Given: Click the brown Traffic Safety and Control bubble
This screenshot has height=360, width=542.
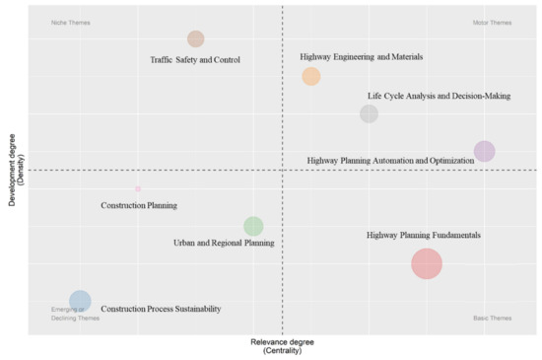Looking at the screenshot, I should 196,39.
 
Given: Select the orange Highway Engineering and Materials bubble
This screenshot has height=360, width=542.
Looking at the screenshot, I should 311,76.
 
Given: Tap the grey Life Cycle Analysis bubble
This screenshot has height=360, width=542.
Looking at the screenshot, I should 369,113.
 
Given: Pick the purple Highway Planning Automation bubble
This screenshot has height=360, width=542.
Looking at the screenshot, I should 484,151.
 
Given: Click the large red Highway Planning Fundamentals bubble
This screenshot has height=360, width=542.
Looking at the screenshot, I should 427,263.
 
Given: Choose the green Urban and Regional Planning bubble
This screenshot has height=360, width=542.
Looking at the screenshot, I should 253,226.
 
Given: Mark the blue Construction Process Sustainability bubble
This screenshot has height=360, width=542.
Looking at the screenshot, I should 80,301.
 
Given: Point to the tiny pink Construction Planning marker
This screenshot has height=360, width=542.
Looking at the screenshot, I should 138,188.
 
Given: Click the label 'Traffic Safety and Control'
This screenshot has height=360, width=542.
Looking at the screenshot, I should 195,59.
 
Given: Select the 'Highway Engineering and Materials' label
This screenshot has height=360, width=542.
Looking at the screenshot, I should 362,57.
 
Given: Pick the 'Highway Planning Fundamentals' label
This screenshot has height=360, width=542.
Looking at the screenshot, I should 424,236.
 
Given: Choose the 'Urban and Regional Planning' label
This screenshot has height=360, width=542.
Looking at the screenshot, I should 224,243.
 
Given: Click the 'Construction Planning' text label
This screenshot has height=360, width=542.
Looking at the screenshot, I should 139,206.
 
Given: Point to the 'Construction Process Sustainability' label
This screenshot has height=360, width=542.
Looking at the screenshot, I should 161,309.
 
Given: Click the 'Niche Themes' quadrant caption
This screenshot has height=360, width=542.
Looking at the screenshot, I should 71,22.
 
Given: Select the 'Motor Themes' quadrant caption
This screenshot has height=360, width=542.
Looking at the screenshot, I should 493,22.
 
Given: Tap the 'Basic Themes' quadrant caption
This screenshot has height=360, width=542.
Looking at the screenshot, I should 493,318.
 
